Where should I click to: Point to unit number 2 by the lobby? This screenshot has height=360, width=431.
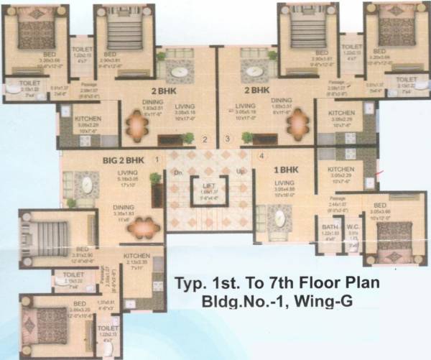[x=204, y=139]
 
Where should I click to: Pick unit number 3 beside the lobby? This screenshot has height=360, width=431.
[x=228, y=139]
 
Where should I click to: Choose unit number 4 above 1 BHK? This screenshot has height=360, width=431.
[x=262, y=155]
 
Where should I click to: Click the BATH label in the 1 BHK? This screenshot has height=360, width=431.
[x=329, y=229]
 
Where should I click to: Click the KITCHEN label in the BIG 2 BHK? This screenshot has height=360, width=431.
[x=136, y=257]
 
